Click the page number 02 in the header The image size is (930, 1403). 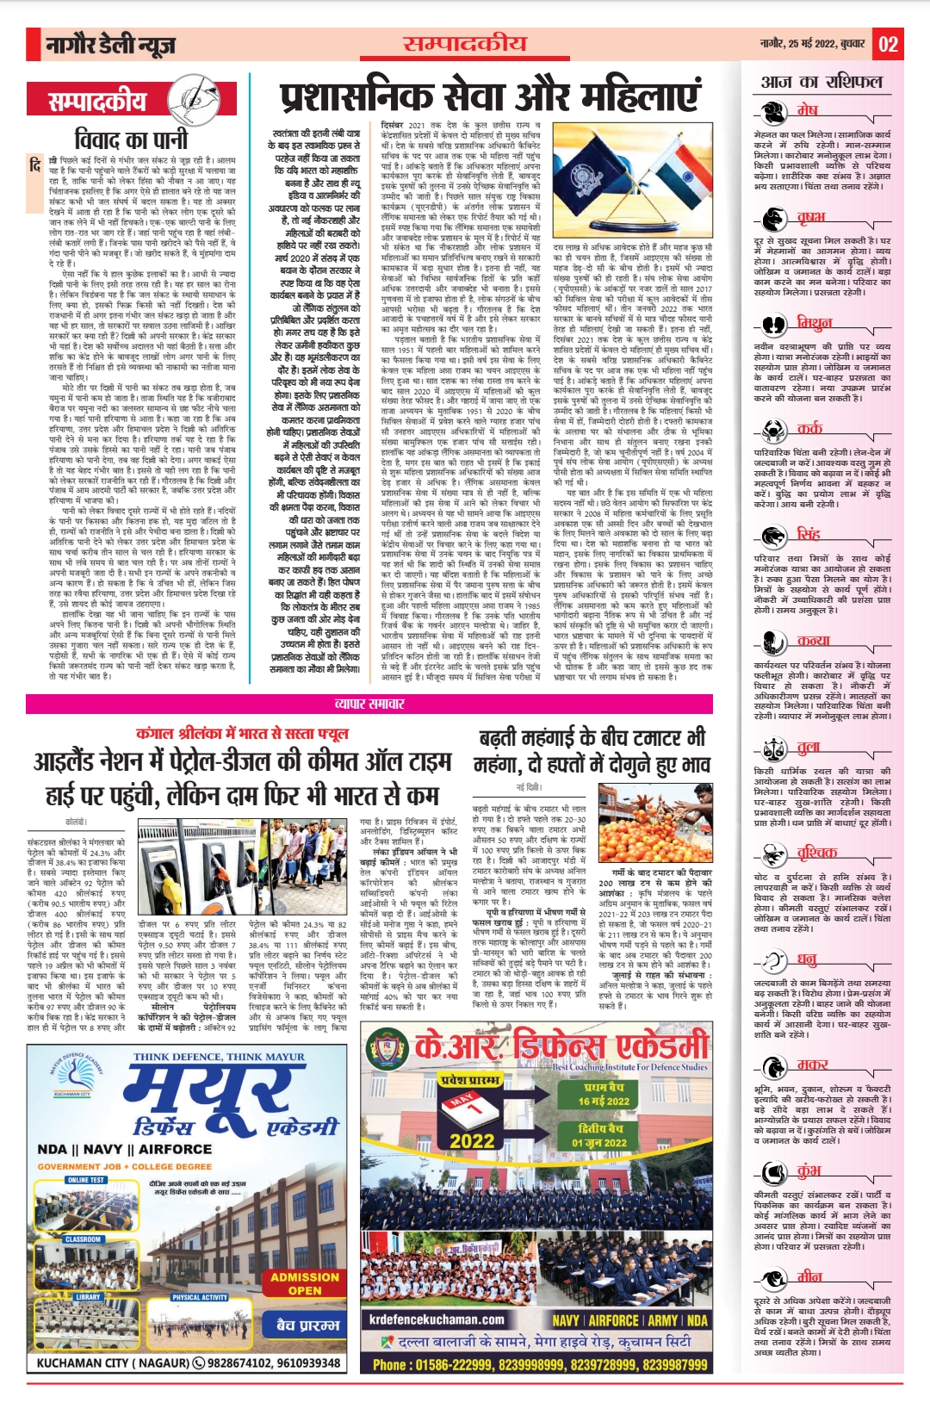click(888, 44)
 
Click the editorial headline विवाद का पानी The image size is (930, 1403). click(131, 139)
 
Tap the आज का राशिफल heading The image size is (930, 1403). click(821, 82)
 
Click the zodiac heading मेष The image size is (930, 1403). click(807, 109)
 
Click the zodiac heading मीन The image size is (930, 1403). click(809, 1276)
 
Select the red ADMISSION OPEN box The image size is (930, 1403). click(304, 1283)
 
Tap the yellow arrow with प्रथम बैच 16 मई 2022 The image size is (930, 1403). click(601, 1095)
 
